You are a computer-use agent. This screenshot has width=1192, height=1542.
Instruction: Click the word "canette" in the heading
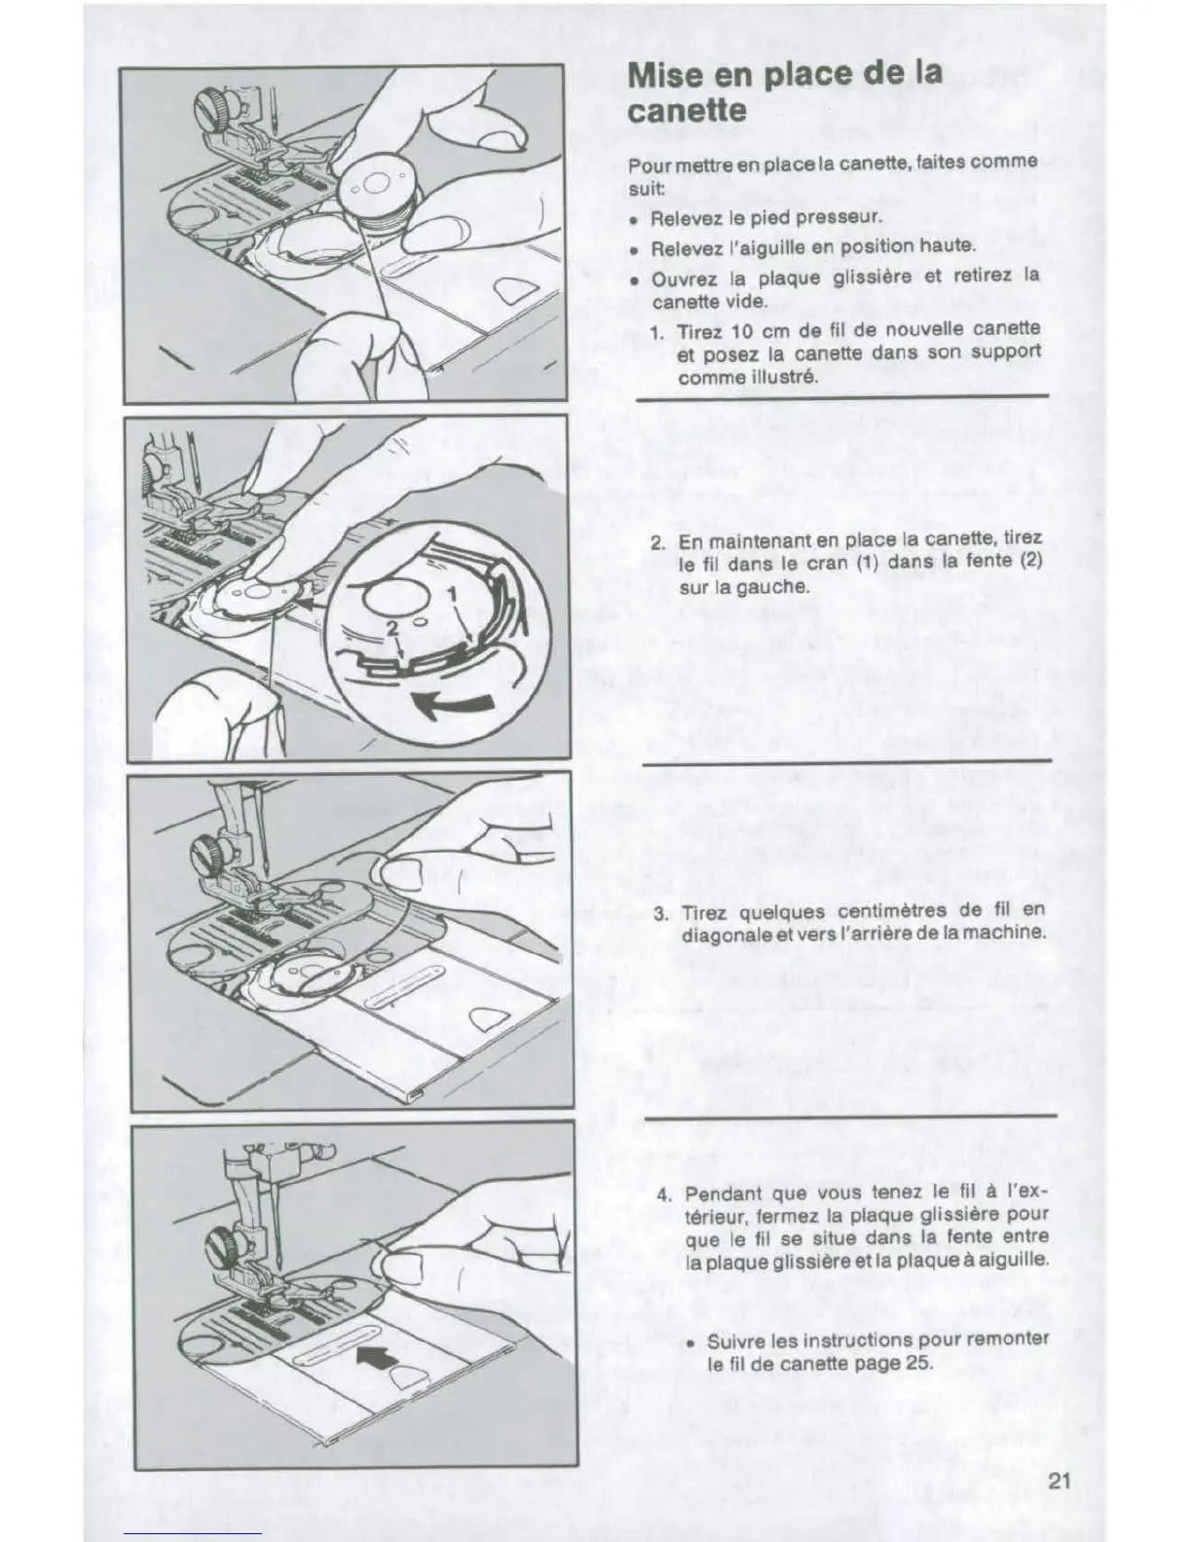click(x=687, y=110)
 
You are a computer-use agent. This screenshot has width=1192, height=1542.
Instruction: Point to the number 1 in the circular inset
click(x=451, y=595)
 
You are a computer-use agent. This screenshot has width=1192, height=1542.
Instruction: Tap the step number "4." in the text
click(x=664, y=1195)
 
